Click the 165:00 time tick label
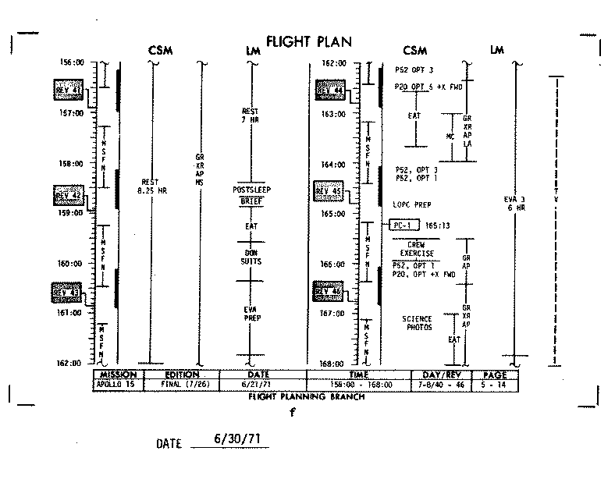337,214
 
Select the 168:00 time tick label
337,364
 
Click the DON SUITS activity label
251,257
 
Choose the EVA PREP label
251,314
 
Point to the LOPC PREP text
412,204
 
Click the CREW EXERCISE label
416,249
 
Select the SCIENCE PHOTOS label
418,323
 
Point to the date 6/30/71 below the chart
236,439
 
